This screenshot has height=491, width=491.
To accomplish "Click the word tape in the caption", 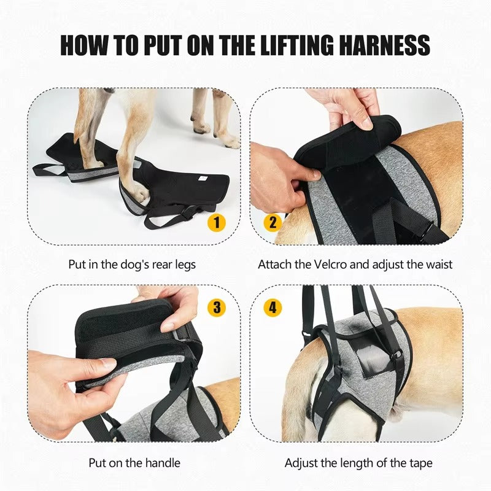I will click(x=420, y=463).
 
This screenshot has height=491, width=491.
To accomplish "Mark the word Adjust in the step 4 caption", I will click(x=302, y=463).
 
